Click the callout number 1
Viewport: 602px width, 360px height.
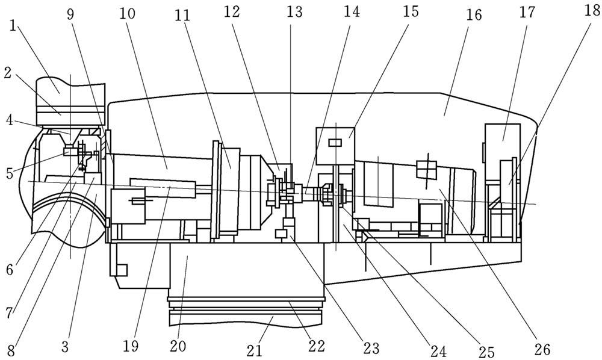pyautogui.click(x=13, y=29)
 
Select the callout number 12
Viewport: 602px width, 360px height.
pyautogui.click(x=232, y=12)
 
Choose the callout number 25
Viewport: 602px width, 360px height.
pyautogui.click(x=486, y=351)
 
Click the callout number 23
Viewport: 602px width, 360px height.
pyautogui.click(x=370, y=348)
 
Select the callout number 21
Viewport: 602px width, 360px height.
pyautogui.click(x=254, y=350)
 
